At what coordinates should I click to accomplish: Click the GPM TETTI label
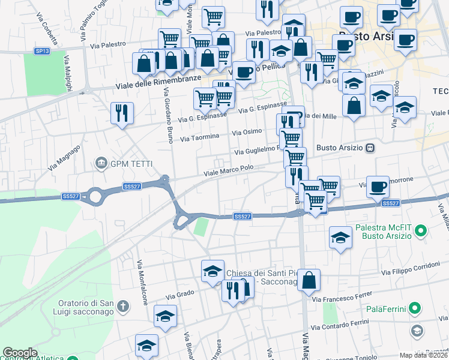(130, 164)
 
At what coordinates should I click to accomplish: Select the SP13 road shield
(41, 52)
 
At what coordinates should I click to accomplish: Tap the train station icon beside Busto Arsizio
(370, 148)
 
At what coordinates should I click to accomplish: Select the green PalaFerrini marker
(414, 309)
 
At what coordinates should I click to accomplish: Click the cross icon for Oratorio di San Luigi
(123, 307)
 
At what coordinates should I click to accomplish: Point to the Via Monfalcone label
(143, 282)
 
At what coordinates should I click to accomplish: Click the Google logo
(20, 353)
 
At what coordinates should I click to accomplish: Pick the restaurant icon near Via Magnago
(122, 112)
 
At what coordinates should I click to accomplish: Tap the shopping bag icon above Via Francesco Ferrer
(309, 280)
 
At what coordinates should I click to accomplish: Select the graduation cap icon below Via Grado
(165, 316)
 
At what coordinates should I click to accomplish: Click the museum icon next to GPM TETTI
(100, 163)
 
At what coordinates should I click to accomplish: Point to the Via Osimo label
(247, 132)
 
